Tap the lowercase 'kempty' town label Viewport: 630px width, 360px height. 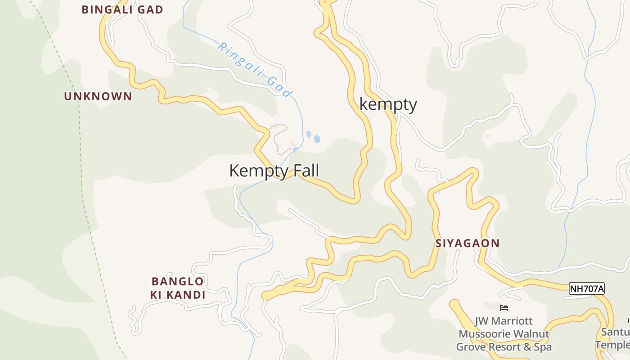point(388,104)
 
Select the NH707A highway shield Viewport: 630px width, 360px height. point(586,288)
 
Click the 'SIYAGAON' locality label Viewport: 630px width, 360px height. point(467,243)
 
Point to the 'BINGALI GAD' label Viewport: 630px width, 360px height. point(122,9)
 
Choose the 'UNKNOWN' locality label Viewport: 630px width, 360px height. point(98,96)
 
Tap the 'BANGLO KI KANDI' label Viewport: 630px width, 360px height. point(178,288)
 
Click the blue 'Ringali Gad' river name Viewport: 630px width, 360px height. point(255,70)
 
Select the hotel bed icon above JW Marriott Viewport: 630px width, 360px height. point(504,308)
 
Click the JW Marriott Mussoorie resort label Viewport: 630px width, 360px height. point(504,334)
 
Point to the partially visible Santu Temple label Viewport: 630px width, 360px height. point(614,338)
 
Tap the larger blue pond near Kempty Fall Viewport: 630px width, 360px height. point(317,139)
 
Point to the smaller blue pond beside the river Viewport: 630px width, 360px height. point(309,134)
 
